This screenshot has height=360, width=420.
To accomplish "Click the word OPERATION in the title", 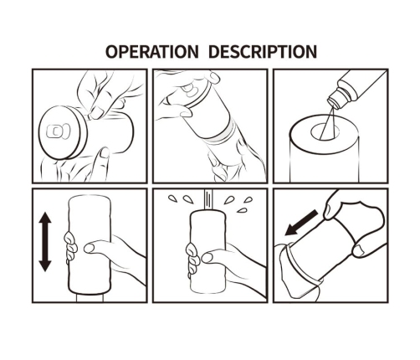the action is (x=151, y=52).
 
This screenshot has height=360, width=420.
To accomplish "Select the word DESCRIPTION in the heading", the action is (x=263, y=52).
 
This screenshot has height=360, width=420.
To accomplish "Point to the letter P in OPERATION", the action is (x=121, y=52).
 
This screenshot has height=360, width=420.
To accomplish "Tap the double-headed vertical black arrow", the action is (x=45, y=242).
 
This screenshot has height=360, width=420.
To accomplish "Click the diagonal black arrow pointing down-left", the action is (x=301, y=223).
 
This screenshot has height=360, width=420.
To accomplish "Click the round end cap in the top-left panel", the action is (x=62, y=132).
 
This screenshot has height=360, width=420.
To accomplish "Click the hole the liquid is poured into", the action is (x=325, y=132).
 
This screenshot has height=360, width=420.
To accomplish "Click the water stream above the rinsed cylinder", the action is (x=207, y=199).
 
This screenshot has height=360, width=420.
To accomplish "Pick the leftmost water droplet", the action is (x=172, y=198).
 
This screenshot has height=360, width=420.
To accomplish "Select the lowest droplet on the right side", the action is (x=242, y=210).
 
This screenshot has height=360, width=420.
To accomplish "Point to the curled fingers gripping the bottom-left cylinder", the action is (x=71, y=248).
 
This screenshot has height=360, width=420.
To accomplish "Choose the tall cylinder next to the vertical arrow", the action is (x=90, y=245).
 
